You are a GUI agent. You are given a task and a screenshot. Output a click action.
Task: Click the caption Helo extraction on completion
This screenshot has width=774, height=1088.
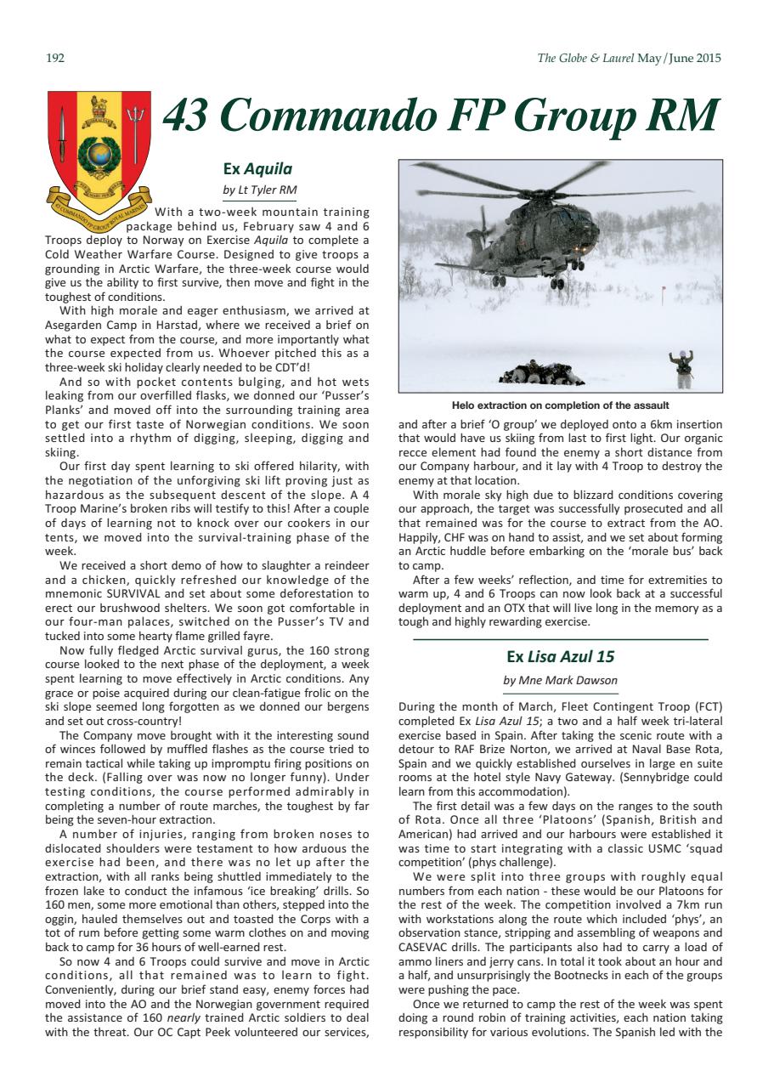tap(560, 405)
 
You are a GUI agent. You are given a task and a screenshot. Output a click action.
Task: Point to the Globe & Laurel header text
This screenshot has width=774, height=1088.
tap(630, 59)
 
